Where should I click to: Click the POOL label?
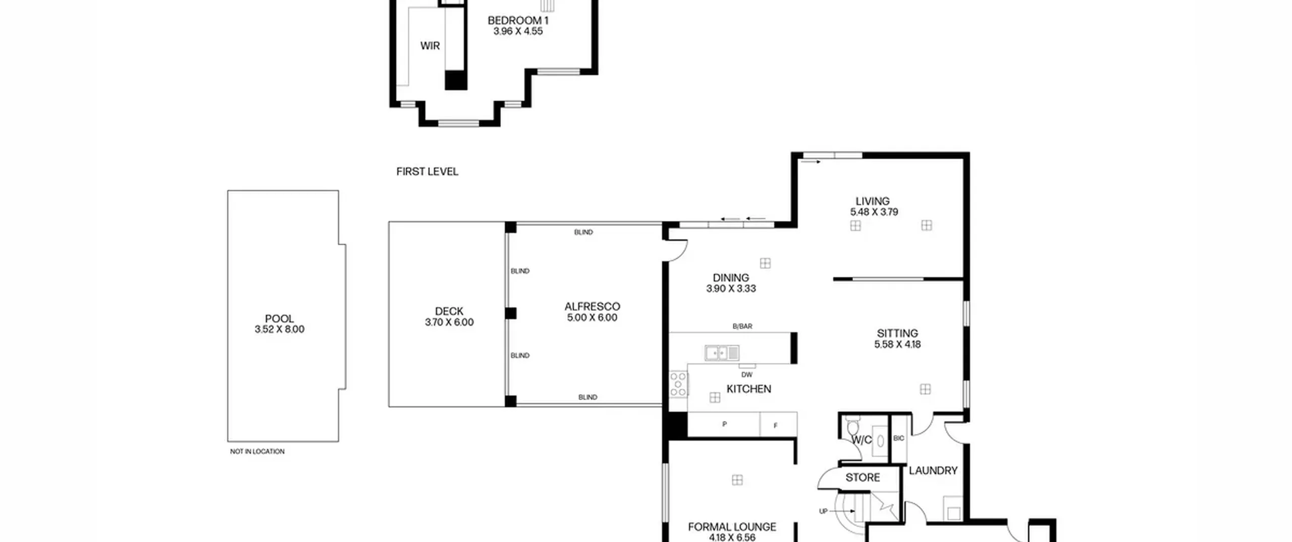279,319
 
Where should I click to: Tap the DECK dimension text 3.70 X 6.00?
449,322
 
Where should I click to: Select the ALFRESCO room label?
592,307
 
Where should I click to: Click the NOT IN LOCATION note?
257,452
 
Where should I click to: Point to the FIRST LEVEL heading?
427,172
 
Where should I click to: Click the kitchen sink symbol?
722,353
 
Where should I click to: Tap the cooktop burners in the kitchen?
678,384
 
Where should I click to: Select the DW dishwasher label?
747,375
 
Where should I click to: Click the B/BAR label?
742,327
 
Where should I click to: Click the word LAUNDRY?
933,471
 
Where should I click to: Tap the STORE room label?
863,477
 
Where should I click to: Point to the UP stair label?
823,511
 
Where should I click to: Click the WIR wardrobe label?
430,46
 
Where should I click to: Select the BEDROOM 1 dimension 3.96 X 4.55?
518,31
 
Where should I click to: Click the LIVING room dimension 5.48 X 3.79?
874,212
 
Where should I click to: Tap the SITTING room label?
897,333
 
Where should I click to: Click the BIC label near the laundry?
899,439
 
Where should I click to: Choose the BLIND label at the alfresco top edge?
583,232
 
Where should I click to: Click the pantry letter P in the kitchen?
724,425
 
